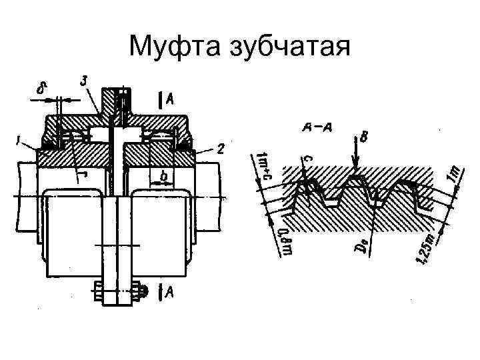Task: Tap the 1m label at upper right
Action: [x=453, y=174]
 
